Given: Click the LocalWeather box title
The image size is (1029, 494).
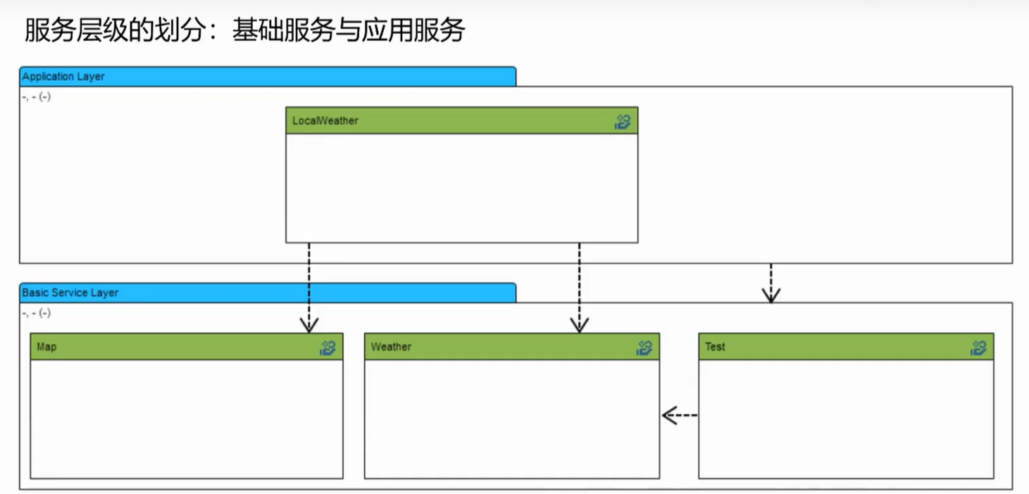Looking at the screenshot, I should [325, 121].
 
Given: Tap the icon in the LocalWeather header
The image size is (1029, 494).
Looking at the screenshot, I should [622, 122].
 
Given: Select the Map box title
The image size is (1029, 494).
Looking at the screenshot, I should [46, 347].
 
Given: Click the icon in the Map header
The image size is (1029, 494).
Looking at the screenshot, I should [328, 348].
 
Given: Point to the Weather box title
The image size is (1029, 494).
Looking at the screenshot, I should [391, 347].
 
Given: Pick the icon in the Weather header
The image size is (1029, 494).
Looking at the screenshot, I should [644, 348].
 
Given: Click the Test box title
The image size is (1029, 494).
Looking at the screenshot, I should [715, 347].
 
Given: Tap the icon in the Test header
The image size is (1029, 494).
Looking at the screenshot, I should [978, 348].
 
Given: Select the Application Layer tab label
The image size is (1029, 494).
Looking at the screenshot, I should [63, 76].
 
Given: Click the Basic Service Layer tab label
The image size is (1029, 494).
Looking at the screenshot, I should [70, 293].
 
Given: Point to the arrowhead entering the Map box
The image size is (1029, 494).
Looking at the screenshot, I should [309, 325].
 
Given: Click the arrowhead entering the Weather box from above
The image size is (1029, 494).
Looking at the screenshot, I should [579, 325].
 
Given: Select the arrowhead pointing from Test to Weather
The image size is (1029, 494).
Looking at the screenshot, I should [669, 415].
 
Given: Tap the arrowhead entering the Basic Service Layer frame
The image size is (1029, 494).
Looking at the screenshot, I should [771, 296].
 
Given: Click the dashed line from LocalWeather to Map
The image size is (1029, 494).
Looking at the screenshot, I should [309, 281].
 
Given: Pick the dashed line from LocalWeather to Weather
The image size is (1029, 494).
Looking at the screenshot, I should [579, 281].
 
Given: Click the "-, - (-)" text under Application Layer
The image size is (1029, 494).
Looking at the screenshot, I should [36, 97].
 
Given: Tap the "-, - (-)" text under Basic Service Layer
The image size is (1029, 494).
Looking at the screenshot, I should [36, 313].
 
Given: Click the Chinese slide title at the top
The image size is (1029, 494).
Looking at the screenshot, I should [244, 30].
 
